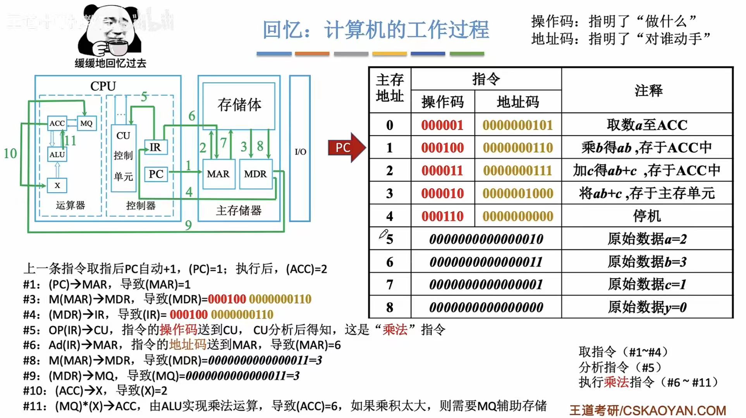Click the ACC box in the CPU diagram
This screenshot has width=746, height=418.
coord(57,123)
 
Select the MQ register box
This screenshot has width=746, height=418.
coord(86,123)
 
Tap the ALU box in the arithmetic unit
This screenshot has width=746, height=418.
coord(57,154)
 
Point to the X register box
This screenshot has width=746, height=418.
coord(57,185)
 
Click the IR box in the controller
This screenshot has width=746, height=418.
coord(155,147)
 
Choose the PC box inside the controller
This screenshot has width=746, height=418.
coord(156,174)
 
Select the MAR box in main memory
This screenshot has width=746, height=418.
coord(218,174)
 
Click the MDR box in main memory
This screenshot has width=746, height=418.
coord(255,174)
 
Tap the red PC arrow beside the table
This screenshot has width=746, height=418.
coord(346,148)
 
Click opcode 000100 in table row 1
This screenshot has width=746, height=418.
coord(442,148)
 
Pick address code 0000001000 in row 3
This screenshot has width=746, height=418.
coord(518,193)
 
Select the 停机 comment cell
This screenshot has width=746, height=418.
coord(646,216)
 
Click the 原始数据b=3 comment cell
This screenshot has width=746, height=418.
coord(646,262)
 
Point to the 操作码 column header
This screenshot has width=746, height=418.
coord(442,102)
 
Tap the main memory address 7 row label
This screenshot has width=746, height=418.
coord(390,285)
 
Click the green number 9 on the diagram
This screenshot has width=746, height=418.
coord(188,225)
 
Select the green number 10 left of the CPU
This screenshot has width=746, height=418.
coord(10,153)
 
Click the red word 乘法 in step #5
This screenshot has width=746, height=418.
coord(395,330)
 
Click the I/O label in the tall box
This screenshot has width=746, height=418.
coord(300,151)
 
